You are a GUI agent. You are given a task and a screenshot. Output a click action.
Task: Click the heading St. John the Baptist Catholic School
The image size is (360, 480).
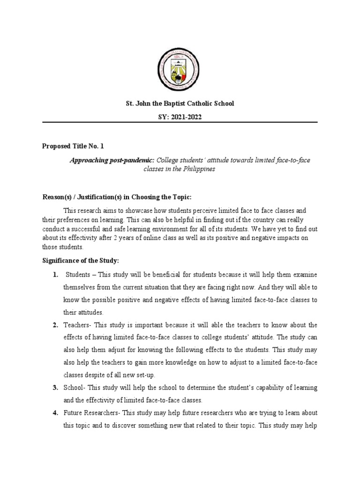tap(180, 103)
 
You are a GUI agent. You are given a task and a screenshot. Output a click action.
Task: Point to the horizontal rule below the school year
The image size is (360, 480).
tap(180, 123)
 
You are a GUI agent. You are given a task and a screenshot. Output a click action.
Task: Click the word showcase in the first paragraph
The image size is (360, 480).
tap(134, 211)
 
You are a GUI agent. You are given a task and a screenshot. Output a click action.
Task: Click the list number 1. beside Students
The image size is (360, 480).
tap(55, 274)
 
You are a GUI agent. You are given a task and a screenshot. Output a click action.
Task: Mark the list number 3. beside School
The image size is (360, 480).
tap(55, 388)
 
